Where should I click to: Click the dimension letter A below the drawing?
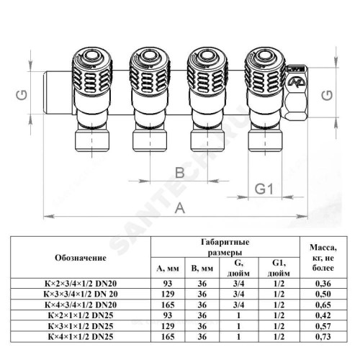point(180,208)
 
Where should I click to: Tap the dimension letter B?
point(180,173)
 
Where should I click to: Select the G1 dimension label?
point(264,189)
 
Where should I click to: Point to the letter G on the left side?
point(22,95)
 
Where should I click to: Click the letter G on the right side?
point(327,95)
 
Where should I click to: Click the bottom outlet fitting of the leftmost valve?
point(92,140)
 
